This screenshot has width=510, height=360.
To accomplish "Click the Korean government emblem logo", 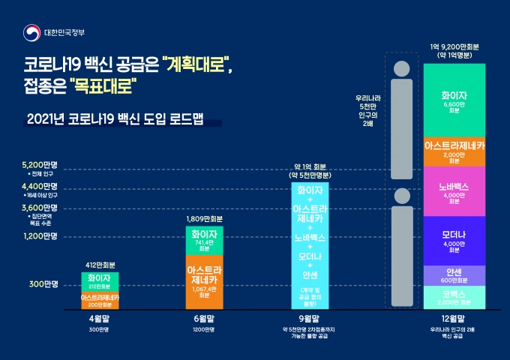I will click(x=31, y=33).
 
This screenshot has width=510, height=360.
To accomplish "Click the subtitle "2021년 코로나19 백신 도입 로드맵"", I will click(x=114, y=119).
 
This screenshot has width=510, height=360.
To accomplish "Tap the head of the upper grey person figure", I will click(x=402, y=66).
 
